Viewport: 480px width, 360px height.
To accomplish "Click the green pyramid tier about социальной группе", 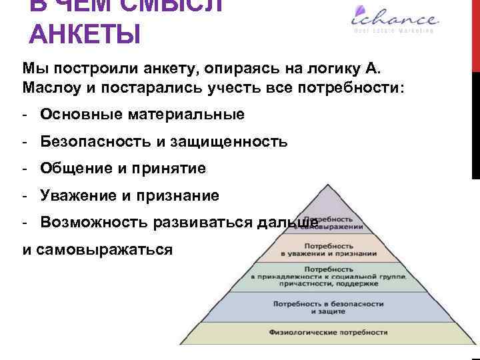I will coord(329,275).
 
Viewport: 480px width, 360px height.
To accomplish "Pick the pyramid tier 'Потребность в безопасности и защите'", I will coord(329,307).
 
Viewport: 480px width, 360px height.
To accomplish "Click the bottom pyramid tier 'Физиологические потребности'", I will coord(329,331).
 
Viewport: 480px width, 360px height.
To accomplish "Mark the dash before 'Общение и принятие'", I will coord(23,169).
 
